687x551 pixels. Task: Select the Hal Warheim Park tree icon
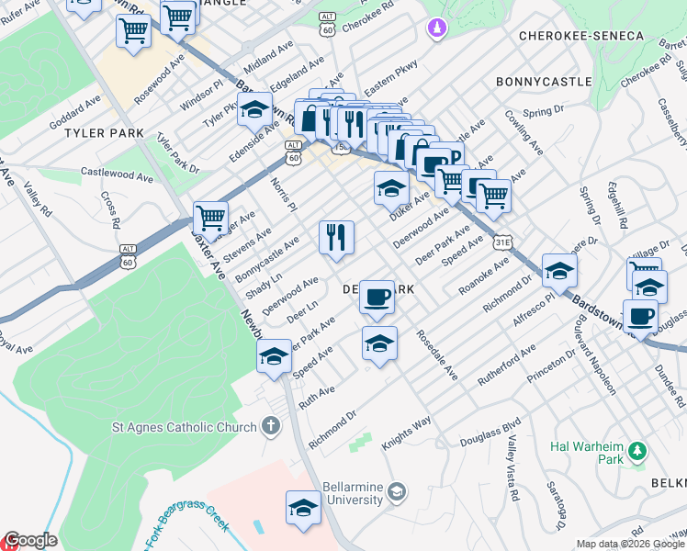click(x=636, y=451)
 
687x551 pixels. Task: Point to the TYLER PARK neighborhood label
click(x=104, y=134)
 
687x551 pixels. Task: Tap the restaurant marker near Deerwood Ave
click(x=336, y=238)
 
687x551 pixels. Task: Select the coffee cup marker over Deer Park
click(x=377, y=298)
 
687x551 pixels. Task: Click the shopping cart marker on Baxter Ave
click(x=210, y=219)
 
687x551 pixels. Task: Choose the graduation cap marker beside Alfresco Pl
click(x=558, y=270)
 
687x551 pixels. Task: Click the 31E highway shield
click(x=501, y=242)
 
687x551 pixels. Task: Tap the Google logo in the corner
click(x=30, y=540)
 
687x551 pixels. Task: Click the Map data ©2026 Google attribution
click(x=630, y=544)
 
